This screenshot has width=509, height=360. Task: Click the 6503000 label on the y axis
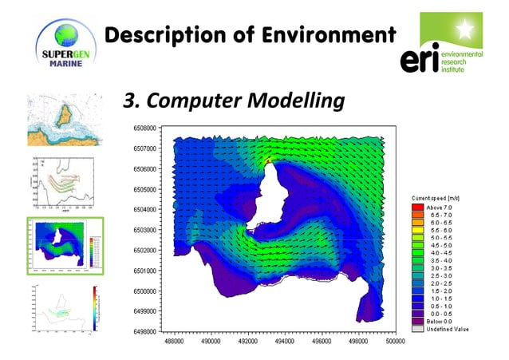click(144, 230)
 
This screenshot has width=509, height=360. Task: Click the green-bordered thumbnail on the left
click(64, 245)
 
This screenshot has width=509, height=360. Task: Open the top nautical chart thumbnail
click(64, 121)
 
